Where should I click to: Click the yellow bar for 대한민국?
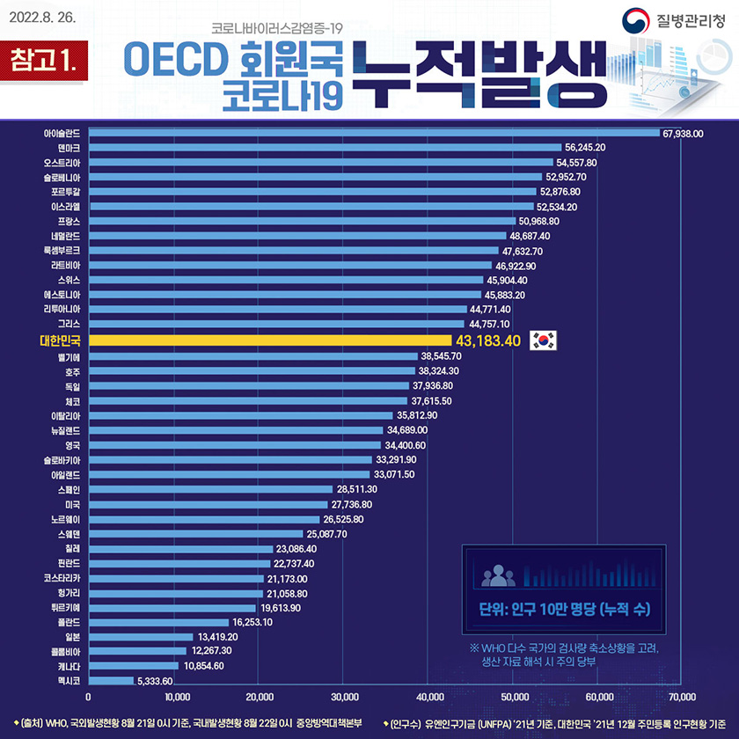(x=268, y=340)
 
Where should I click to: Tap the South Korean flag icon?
(x=544, y=340)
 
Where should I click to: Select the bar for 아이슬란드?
(x=374, y=133)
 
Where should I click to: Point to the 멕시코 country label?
(x=70, y=680)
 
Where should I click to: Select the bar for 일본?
(x=141, y=636)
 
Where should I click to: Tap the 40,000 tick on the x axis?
(x=428, y=697)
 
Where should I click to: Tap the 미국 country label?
(x=73, y=504)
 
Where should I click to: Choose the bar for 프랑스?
(x=303, y=221)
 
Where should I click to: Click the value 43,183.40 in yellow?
(x=486, y=340)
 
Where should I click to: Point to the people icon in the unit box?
(x=498, y=575)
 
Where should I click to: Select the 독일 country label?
(x=73, y=385)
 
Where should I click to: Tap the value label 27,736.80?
(x=352, y=504)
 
